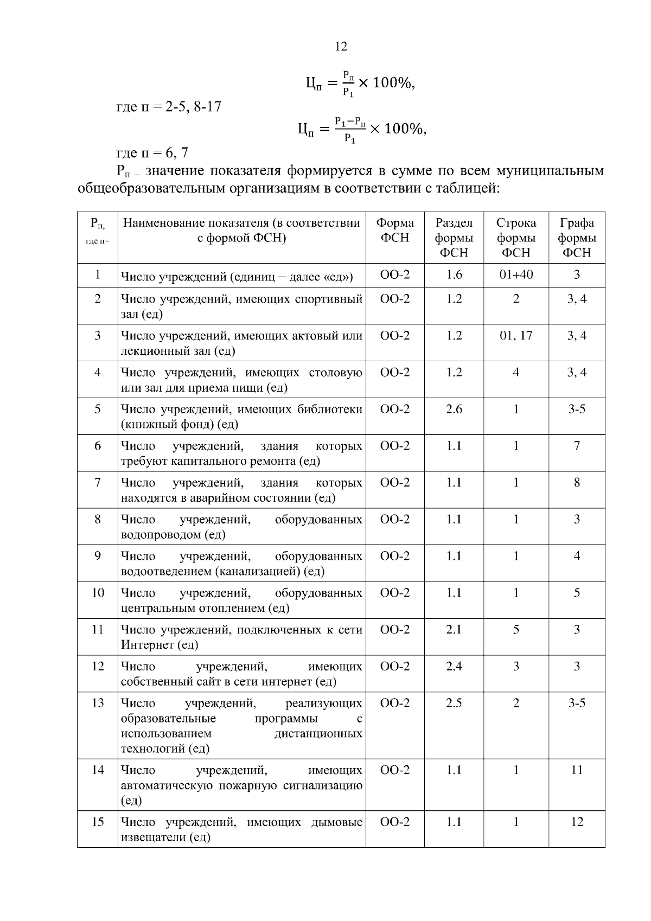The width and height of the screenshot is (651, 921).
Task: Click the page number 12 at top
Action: (x=341, y=46)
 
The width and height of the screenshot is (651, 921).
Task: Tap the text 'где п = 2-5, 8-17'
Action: (x=169, y=106)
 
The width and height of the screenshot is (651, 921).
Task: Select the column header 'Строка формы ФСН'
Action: (x=516, y=238)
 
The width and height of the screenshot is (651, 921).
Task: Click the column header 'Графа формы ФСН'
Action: (x=577, y=238)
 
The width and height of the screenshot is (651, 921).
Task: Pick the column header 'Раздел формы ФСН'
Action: (x=454, y=238)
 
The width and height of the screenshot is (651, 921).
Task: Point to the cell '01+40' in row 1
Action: (x=516, y=274)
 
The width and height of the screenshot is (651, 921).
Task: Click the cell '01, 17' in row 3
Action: (x=516, y=335)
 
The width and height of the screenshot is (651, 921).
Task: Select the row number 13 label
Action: (x=98, y=703)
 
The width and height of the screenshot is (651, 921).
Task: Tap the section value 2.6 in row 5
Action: (x=454, y=409)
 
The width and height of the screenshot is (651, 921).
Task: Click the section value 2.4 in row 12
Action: (x=454, y=666)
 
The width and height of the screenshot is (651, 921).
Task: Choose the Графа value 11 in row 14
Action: (x=577, y=770)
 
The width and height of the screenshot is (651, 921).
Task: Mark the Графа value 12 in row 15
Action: (x=577, y=822)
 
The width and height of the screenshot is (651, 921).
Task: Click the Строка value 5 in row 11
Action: (x=516, y=629)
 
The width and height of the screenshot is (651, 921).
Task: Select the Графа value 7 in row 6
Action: (x=577, y=446)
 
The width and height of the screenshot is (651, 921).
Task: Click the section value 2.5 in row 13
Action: (x=454, y=703)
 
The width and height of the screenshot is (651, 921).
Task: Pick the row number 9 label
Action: (x=98, y=556)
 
